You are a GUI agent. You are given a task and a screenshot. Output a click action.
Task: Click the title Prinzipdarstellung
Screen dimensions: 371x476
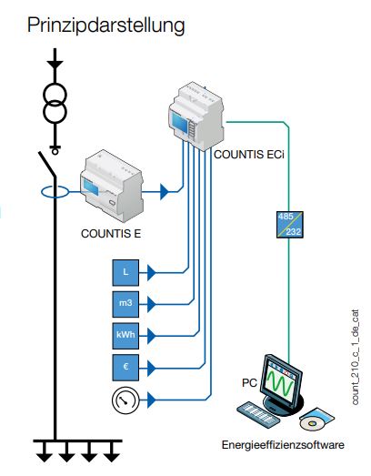pyautogui.click(x=105, y=25)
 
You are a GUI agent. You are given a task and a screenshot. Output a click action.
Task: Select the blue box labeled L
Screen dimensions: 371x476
pyautogui.click(x=125, y=273)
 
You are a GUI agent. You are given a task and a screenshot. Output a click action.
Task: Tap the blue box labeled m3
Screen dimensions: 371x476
pyautogui.click(x=125, y=304)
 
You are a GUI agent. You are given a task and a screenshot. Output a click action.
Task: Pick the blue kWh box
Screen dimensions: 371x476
pyautogui.click(x=125, y=336)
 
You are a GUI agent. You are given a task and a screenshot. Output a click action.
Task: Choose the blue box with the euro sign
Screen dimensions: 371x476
pyautogui.click(x=125, y=368)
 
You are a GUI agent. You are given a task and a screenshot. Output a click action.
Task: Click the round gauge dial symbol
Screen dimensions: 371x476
pyautogui.click(x=125, y=400)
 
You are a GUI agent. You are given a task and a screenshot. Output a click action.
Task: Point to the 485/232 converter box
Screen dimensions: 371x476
pyautogui.click(x=290, y=225)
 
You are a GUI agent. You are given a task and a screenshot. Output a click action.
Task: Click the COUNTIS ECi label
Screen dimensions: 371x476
pyautogui.click(x=249, y=155)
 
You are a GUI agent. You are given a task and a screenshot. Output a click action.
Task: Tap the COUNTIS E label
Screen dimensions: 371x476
pyautogui.click(x=111, y=234)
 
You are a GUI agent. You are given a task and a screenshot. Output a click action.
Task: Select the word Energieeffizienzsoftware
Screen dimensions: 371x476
pyautogui.click(x=283, y=445)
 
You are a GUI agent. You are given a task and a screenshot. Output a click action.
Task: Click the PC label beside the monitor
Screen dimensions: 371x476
pyautogui.click(x=249, y=383)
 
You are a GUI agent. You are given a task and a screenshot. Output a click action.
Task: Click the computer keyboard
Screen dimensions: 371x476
pyautogui.click(x=258, y=415)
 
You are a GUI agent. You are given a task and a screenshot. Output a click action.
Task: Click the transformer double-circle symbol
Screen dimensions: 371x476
pyautogui.click(x=55, y=103)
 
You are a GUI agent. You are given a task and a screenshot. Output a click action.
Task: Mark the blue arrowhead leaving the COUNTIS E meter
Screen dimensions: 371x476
pyautogui.click(x=164, y=191)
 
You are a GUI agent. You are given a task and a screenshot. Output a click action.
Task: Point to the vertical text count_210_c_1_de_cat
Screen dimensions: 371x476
pyautogui.click(x=356, y=357)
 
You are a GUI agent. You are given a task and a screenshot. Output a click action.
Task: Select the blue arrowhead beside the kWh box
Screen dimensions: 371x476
pyautogui.click(x=151, y=336)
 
